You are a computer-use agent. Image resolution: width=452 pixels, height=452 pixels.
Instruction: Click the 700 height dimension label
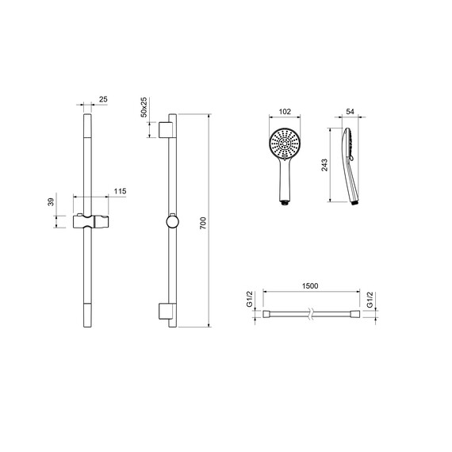203,223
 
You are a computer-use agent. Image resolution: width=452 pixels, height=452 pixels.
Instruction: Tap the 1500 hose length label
310,285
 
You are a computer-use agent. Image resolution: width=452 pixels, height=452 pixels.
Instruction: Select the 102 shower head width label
285,111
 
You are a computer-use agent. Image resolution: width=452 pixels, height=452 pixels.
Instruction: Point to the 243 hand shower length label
324,165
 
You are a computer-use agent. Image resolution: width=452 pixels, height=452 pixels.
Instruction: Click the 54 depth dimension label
350,111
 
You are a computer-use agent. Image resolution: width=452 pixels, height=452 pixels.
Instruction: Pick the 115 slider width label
120,191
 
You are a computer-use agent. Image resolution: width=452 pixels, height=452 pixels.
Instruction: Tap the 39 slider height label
51,201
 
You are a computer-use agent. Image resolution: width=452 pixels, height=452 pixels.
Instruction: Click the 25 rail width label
103,99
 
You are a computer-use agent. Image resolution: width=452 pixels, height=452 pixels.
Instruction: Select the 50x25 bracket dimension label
144,107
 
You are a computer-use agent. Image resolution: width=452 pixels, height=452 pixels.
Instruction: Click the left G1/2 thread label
250,299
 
